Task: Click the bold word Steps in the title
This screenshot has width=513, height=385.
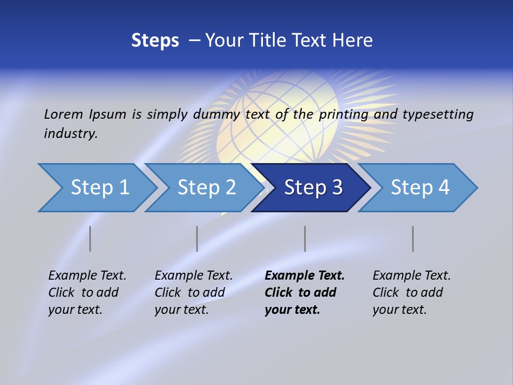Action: coord(155,41)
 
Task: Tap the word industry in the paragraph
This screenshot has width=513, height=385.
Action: coord(71,134)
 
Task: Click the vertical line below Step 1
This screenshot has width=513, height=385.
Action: coord(90,238)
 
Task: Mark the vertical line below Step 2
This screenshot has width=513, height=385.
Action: coord(197,238)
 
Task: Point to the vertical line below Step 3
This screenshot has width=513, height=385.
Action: coord(305,238)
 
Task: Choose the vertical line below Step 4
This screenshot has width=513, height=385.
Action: coord(413,238)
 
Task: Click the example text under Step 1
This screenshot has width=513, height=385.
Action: coord(87,292)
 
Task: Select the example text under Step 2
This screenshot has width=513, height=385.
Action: coord(193,292)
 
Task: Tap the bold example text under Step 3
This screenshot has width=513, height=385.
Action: coord(305,292)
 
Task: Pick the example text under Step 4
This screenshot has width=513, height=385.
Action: coord(411,292)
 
